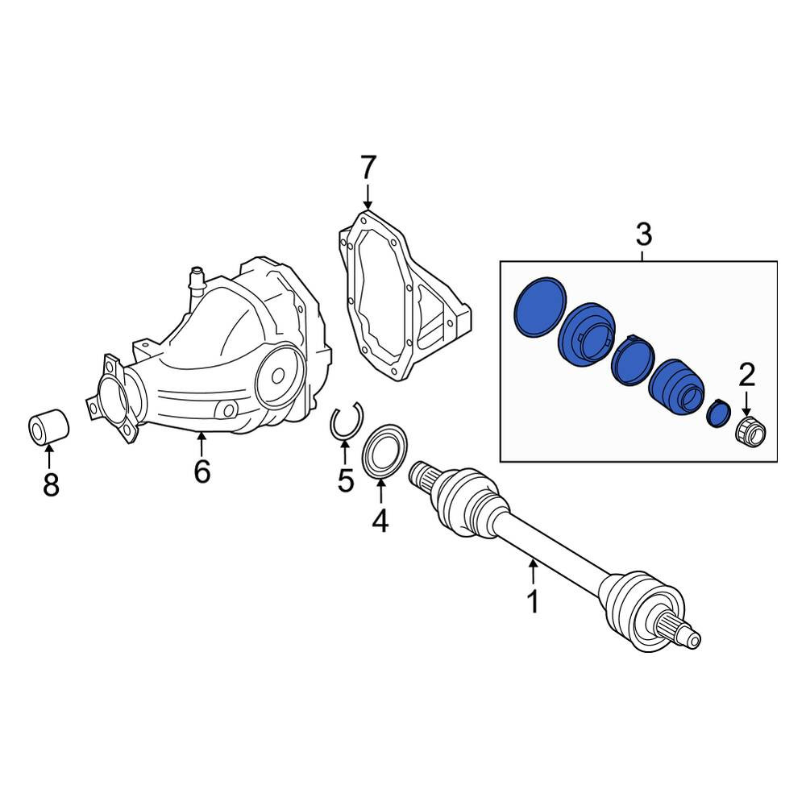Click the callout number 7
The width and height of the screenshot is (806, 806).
pos(368,168)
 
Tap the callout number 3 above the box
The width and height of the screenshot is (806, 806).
pos(643,235)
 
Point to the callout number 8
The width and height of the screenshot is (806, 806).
pos(51,484)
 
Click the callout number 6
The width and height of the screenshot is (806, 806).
pos(202,471)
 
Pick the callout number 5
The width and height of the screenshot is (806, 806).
pos(346,480)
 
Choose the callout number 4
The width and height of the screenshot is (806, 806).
pos(380,520)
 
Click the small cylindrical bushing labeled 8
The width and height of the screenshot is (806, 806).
pos(48,426)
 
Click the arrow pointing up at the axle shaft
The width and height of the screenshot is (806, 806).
pos(534,571)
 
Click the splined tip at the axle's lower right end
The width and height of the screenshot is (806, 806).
pos(683,633)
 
